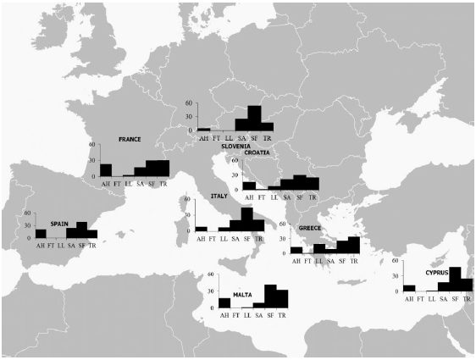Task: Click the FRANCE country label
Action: [x=130, y=140]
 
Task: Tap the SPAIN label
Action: [x=59, y=224]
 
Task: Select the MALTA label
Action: [x=230, y=294]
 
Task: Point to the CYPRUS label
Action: [x=432, y=274]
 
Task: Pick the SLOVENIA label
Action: [x=236, y=146]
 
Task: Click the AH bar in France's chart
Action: [x=106, y=169]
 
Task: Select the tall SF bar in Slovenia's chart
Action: [x=254, y=118]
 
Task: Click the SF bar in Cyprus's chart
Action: [x=455, y=280]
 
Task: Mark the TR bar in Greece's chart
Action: [x=354, y=245]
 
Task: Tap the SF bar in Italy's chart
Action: [x=246, y=219]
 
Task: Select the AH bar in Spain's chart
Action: [x=41, y=234]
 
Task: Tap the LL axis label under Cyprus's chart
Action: [x=431, y=299]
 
